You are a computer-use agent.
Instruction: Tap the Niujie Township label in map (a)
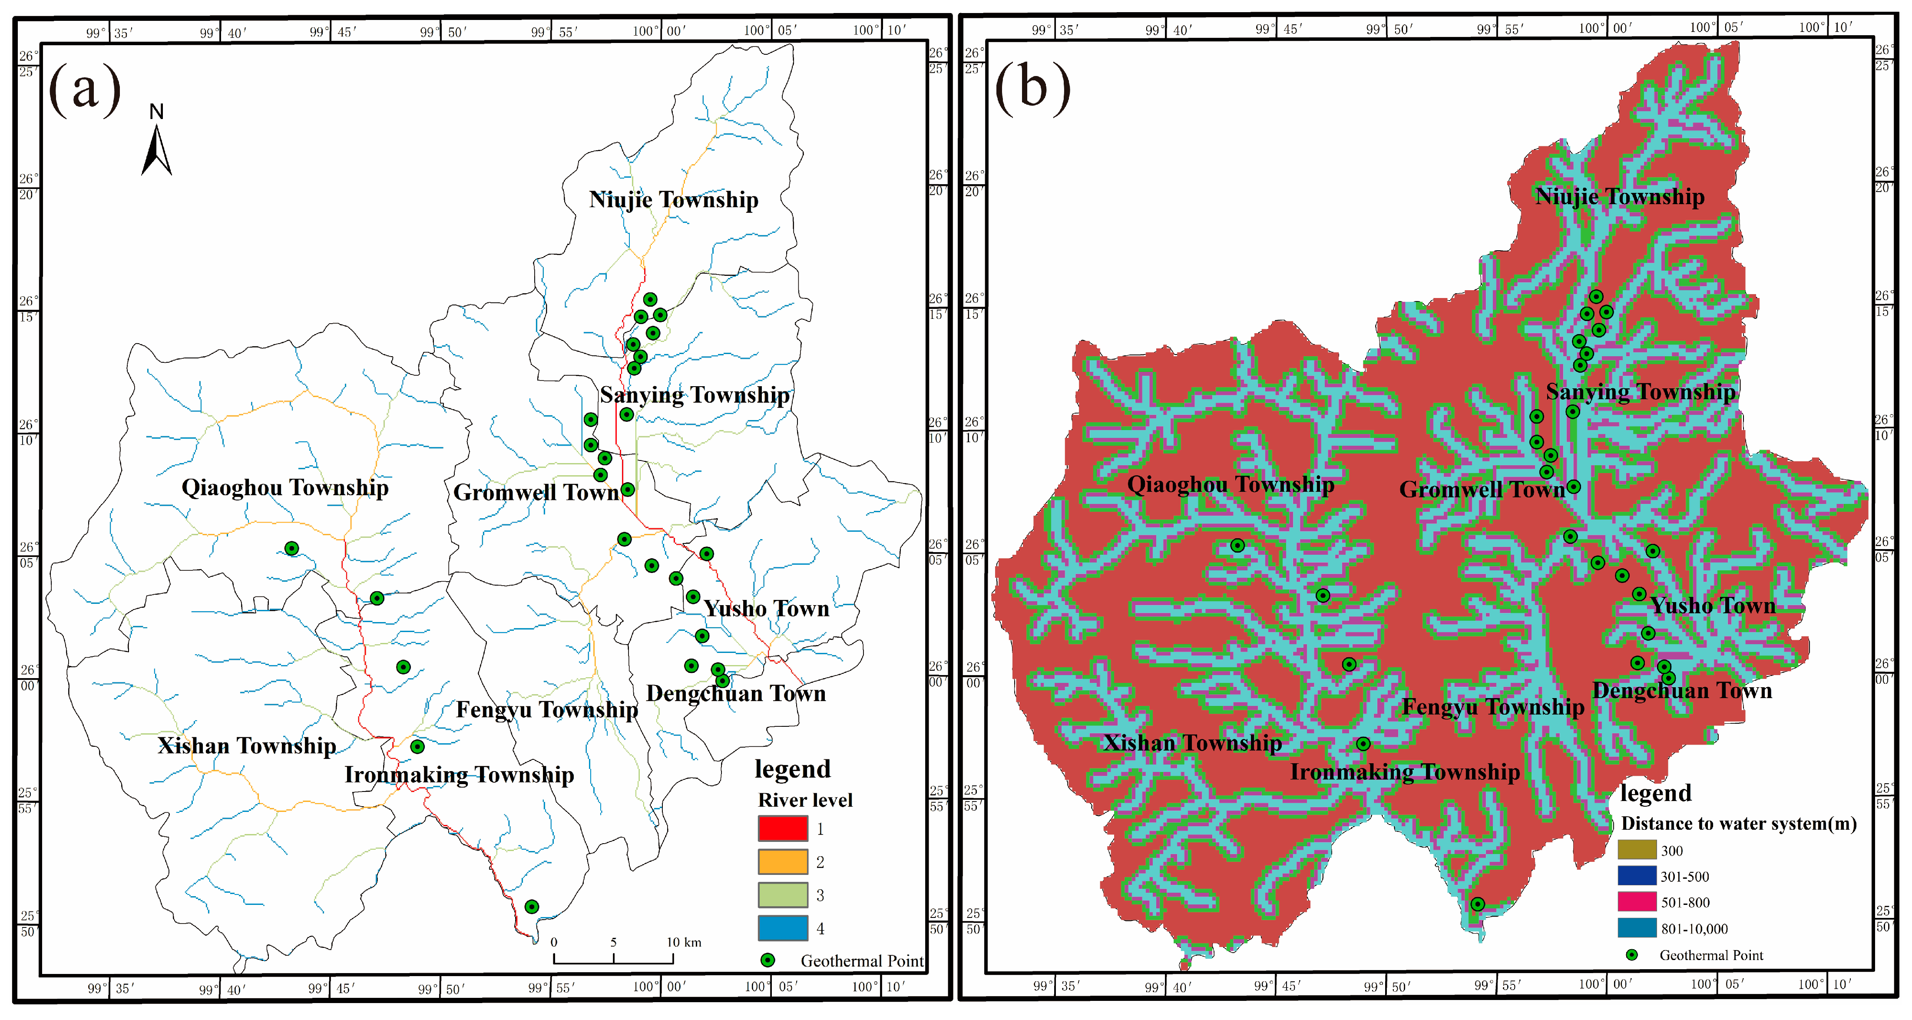click(673, 200)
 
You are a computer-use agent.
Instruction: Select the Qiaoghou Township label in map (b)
click(1230, 485)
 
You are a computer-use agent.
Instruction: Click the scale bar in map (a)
click(613, 957)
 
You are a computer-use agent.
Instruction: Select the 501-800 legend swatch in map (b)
click(1637, 902)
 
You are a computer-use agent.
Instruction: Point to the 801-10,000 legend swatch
click(1637, 928)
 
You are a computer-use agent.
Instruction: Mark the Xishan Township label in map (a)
click(246, 745)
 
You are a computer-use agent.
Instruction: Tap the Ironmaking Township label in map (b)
click(1404, 772)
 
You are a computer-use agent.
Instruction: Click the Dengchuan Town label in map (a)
click(735, 693)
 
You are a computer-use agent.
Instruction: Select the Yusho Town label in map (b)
click(1712, 606)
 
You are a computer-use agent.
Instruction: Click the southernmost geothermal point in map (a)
click(532, 907)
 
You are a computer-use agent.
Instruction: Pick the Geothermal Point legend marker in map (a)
click(767, 960)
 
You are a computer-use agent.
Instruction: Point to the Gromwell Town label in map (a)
click(536, 492)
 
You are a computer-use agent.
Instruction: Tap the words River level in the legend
click(804, 800)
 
